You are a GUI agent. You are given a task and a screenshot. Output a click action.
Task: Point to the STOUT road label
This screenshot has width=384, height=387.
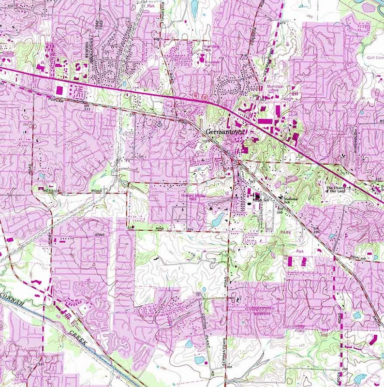pos(100,235)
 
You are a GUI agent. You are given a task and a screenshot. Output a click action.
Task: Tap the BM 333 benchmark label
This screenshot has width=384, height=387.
pos(87,107)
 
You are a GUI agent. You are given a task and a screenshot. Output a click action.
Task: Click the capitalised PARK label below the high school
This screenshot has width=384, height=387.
pos(286,232)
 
